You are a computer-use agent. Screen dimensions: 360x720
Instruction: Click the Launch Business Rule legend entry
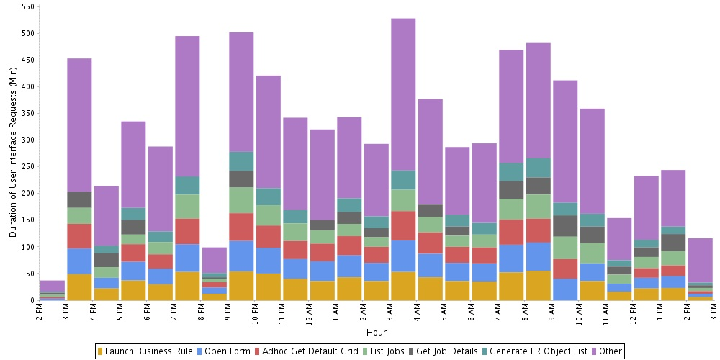pyautogui.click(x=148, y=351)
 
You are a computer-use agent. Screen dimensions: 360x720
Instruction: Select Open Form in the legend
pyautogui.click(x=226, y=351)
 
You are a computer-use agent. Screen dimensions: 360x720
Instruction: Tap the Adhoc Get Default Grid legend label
pyautogui.click(x=305, y=351)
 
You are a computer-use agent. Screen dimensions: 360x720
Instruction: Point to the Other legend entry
pyautogui.click(x=610, y=351)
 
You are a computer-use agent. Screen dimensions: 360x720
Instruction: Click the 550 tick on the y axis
pyautogui.click(x=28, y=6)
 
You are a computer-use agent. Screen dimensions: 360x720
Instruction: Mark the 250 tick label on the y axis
pyautogui.click(x=28, y=167)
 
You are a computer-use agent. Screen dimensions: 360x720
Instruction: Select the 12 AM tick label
pyautogui.click(x=309, y=315)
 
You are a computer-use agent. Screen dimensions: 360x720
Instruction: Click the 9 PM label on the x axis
pyautogui.click(x=228, y=314)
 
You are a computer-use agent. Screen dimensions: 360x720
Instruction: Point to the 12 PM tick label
pyautogui.click(x=633, y=315)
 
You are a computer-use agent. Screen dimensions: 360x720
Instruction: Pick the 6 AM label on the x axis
pyautogui.click(x=471, y=314)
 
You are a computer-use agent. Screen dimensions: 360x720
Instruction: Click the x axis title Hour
pyautogui.click(x=376, y=333)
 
